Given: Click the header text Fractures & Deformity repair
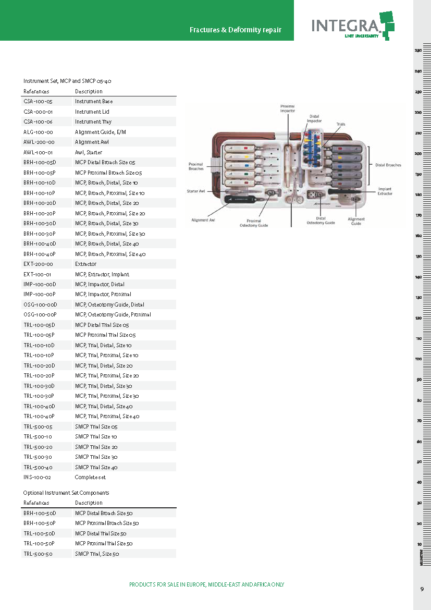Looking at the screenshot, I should point(235,30).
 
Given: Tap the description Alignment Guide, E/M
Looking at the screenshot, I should point(100,132).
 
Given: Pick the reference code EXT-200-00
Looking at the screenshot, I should point(38,264).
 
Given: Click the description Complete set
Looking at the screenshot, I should point(90,478).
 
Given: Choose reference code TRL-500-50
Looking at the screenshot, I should point(38,554).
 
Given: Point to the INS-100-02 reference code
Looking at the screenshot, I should point(38,478).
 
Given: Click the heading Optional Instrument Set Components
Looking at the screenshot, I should point(66,493).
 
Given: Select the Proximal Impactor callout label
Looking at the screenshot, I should point(288,108).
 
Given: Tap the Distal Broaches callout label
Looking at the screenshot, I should point(388,165).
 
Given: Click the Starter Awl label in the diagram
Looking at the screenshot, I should point(198,191).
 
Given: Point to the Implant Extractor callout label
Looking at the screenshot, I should point(385,191).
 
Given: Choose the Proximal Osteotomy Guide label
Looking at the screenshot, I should point(254,223).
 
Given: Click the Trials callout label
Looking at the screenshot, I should point(340,125).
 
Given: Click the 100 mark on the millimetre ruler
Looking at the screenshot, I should point(418,359).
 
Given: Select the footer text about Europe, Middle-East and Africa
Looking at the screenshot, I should point(206,584).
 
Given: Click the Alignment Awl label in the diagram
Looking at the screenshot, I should point(203,221).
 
